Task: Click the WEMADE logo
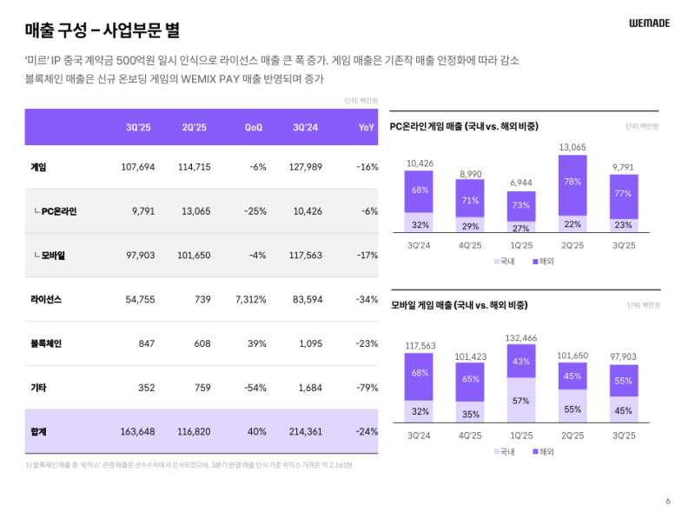649,23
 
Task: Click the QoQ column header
254,128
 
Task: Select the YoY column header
367,128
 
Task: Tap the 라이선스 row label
45,299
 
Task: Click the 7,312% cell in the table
250,299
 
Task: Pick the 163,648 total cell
137,432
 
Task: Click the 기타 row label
38,388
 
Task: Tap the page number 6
668,501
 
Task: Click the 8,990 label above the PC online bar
471,174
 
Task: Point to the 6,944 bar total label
521,183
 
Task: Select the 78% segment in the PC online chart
573,182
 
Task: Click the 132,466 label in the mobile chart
521,337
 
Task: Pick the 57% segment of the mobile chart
521,400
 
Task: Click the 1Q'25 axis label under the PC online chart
521,245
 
